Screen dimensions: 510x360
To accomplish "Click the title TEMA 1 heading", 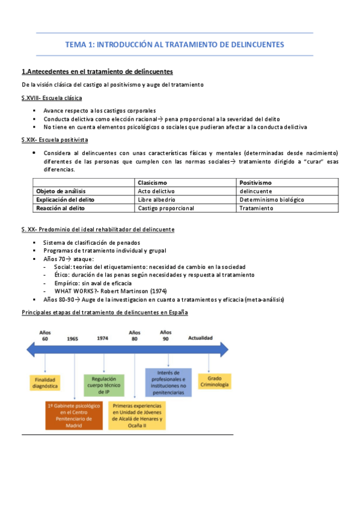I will [174, 45].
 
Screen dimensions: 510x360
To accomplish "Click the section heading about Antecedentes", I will [97, 72].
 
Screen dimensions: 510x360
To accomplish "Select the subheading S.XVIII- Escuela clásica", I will [52, 97].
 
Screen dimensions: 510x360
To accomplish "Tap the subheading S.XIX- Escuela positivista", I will [55, 140].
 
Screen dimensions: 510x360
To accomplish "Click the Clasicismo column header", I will [152, 182].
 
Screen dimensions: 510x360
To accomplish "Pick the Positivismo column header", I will [255, 182].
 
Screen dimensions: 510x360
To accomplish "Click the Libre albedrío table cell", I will [156, 199].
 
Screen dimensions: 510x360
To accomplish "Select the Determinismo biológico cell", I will [271, 199].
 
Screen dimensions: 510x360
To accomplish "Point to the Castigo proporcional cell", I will [166, 208].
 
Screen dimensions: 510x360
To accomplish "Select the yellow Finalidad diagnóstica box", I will [45, 383].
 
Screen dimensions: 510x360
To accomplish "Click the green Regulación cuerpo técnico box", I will [104, 383].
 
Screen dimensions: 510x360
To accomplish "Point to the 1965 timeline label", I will [73, 339].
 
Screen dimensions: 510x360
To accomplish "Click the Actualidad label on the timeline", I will [200, 338].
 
